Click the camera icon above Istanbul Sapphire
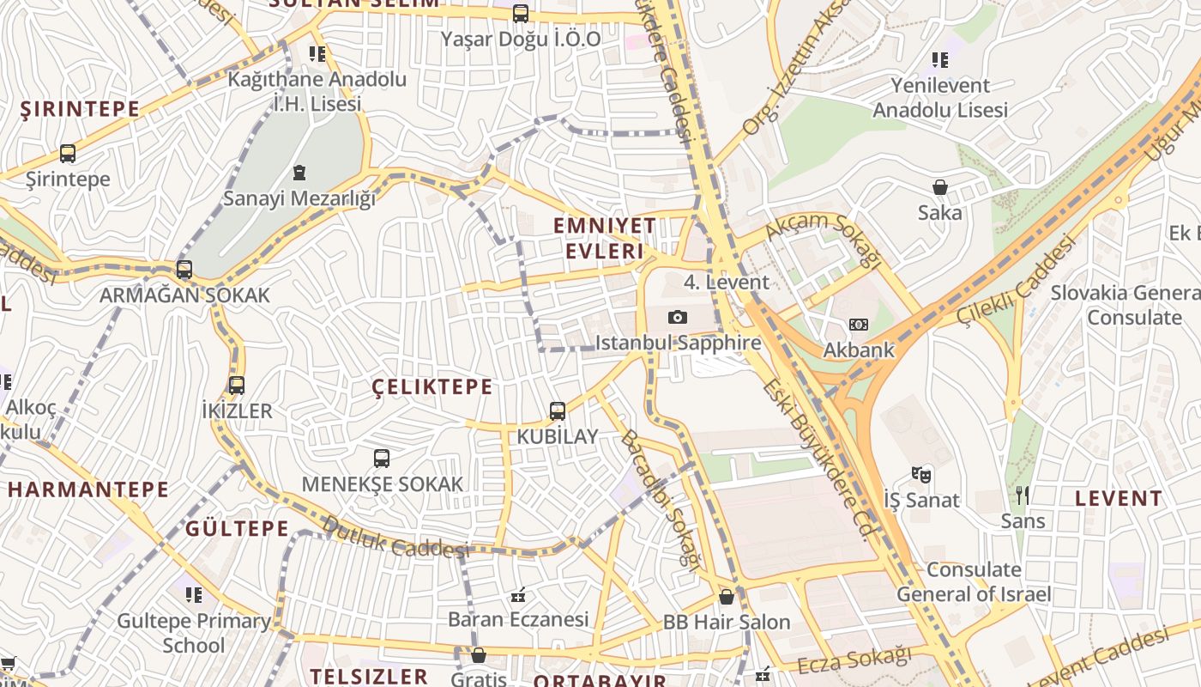tap(678, 317)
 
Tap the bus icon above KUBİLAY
tap(558, 411)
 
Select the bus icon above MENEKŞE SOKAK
tap(382, 459)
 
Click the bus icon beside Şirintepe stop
tap(68, 154)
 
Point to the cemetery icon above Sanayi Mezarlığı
tap(299, 173)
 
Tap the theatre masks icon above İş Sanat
tap(921, 474)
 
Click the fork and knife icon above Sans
tap(1022, 495)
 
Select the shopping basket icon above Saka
tap(940, 187)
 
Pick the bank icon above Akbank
tap(859, 325)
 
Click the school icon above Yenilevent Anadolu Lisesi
tap(940, 60)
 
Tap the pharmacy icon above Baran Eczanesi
tap(518, 594)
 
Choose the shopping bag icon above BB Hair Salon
tap(727, 596)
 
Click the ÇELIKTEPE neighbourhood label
tap(433, 387)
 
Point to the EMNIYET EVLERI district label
tap(605, 238)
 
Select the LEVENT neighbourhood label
tap(1119, 498)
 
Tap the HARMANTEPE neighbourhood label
tap(89, 489)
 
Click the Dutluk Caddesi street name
tap(395, 537)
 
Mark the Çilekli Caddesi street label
tap(1016, 280)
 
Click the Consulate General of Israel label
tap(974, 581)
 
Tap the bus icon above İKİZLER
tap(237, 386)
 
